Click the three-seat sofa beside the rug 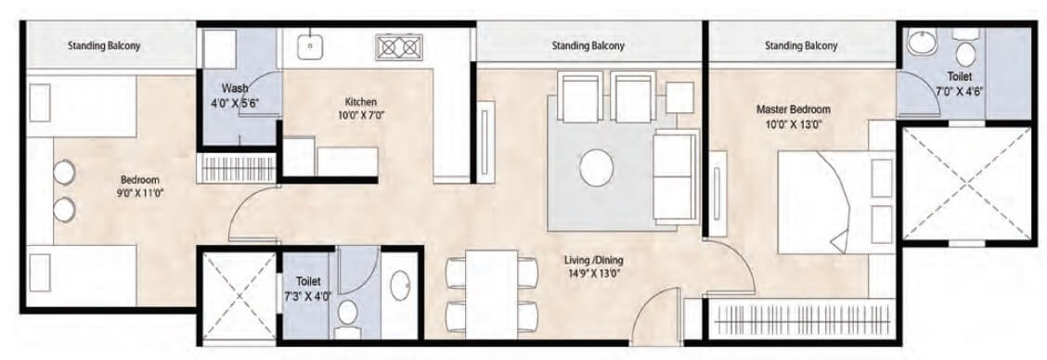(674, 172)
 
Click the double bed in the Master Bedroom (824, 201)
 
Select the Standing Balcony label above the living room (588, 45)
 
